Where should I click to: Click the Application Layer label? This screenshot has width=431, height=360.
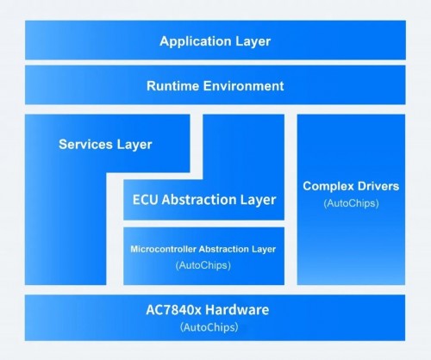tap(215, 40)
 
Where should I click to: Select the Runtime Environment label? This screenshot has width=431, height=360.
tap(215, 86)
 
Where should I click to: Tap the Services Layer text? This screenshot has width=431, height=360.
tap(105, 144)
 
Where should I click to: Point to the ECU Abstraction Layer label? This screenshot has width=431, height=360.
tap(204, 200)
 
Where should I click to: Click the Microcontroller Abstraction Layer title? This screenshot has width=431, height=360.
tap(203, 249)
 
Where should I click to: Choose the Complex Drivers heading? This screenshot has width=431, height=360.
tap(350, 185)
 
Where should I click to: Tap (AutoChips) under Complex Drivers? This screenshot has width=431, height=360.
tap(350, 203)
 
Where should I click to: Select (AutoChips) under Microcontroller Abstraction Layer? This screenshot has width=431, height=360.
tap(203, 265)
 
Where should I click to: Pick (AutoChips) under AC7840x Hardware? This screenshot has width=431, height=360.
tap(215, 327)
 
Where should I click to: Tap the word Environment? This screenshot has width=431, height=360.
tap(242, 86)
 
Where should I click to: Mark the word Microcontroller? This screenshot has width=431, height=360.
tap(164, 249)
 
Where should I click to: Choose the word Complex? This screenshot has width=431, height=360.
tap(329, 185)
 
